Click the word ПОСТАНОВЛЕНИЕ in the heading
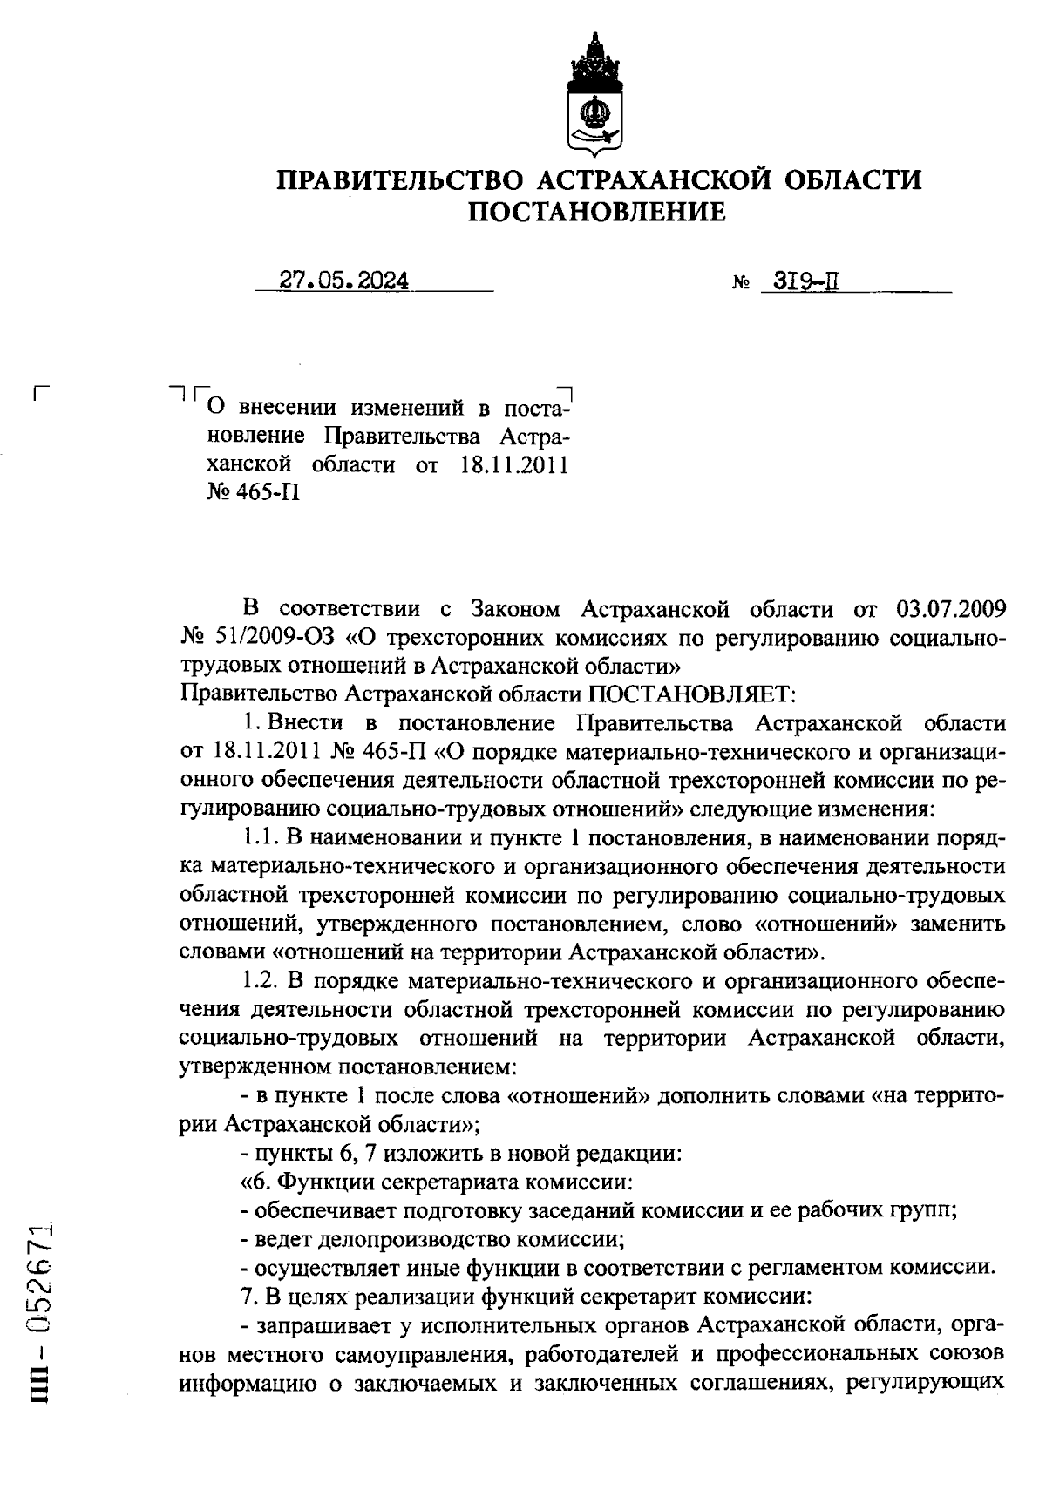[x=597, y=212]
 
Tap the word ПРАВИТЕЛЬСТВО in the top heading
[x=399, y=180]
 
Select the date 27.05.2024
[x=345, y=281]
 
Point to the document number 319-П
[x=797, y=281]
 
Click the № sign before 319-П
[x=742, y=284]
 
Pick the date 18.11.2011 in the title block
[x=513, y=464]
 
